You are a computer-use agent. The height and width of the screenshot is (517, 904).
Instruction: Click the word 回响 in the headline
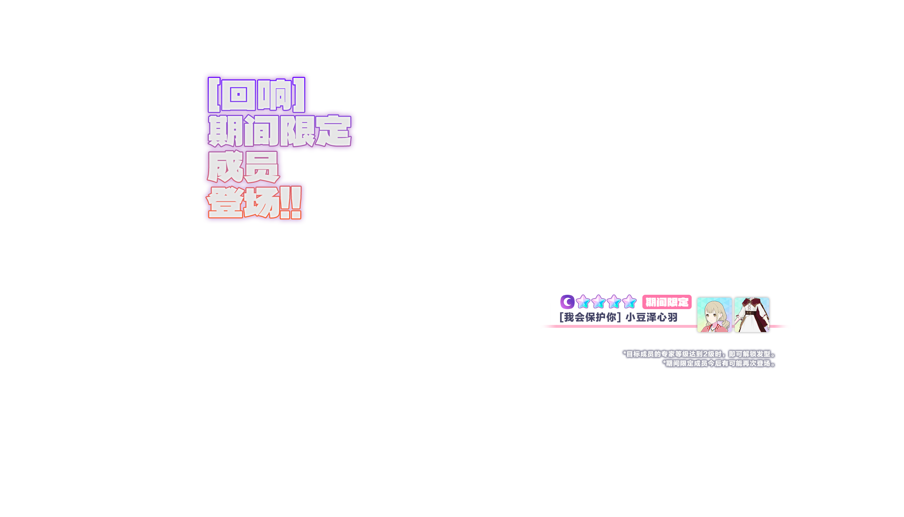pyautogui.click(x=256, y=95)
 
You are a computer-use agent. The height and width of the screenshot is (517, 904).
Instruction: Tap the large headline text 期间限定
pyautogui.click(x=279, y=131)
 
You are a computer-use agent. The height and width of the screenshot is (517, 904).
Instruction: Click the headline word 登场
pyautogui.click(x=243, y=202)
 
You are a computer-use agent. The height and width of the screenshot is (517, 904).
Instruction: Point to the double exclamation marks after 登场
pyautogui.click(x=291, y=202)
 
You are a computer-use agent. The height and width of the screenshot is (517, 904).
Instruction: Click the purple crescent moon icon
pyautogui.click(x=567, y=302)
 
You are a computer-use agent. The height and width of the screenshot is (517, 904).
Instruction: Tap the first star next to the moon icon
pyautogui.click(x=583, y=302)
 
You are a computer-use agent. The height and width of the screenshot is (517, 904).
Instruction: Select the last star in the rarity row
pyautogui.click(x=629, y=302)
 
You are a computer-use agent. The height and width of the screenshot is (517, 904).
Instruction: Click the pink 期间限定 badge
pyautogui.click(x=667, y=302)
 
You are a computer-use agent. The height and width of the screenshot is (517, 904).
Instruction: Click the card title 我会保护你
pyautogui.click(x=590, y=317)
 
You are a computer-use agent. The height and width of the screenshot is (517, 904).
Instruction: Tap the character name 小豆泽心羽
pyautogui.click(x=651, y=317)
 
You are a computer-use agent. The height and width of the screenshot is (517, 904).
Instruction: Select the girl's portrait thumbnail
pyautogui.click(x=714, y=315)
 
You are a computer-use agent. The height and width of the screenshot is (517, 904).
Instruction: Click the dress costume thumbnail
pyautogui.click(x=752, y=315)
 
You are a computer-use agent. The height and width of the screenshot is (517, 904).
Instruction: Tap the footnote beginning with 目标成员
pyautogui.click(x=699, y=354)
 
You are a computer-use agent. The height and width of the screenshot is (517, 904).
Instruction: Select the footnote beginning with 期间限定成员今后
pyautogui.click(x=719, y=363)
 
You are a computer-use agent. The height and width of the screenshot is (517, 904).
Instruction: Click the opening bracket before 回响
pyautogui.click(x=214, y=95)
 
